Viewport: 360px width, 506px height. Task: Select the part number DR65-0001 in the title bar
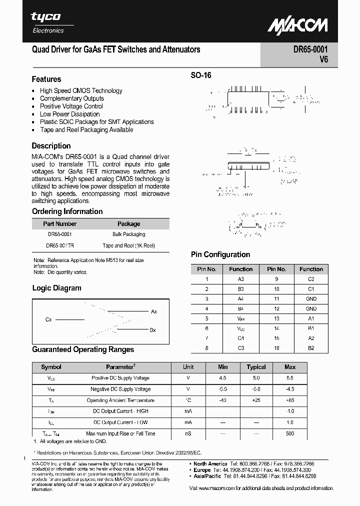(310, 50)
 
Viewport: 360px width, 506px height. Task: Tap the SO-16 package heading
(201, 75)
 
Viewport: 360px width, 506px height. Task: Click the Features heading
(46, 79)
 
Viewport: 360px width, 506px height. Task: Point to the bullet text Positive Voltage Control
(71, 106)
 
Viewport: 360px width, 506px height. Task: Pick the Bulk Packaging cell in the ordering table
(128, 234)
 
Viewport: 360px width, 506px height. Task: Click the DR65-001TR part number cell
(59, 245)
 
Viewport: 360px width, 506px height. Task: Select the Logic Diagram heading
(56, 288)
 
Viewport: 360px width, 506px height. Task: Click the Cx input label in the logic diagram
(48, 319)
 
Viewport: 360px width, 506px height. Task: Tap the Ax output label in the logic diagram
(154, 311)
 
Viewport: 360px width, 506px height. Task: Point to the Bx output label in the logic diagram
(153, 330)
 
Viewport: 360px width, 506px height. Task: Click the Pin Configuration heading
(220, 254)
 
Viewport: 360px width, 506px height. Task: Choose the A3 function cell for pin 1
(240, 279)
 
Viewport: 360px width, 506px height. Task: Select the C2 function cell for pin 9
(311, 279)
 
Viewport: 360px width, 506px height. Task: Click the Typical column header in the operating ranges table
(256, 367)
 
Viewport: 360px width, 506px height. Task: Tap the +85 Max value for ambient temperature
(290, 400)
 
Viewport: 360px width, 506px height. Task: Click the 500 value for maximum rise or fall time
(290, 433)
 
